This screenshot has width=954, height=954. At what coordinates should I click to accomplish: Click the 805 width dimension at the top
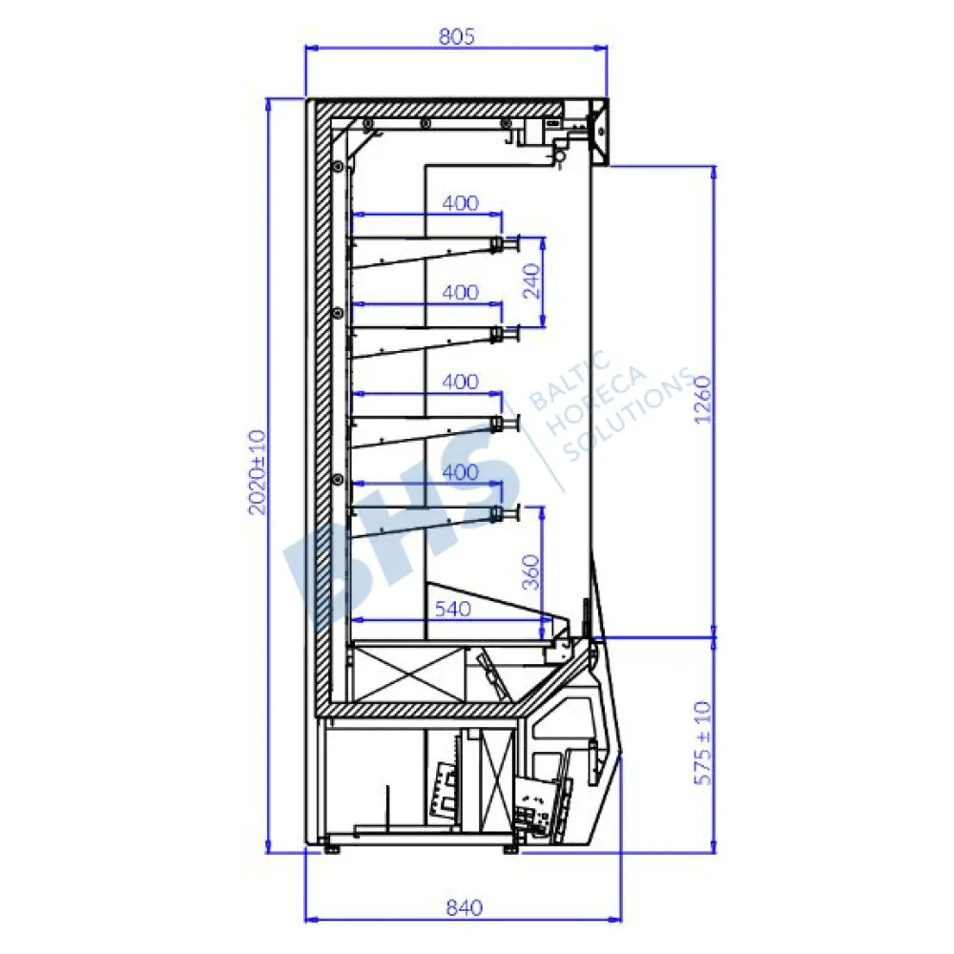click(456, 36)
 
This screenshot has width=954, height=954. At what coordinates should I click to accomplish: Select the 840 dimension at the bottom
click(465, 908)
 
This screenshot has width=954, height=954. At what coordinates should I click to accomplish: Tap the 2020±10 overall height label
click(258, 472)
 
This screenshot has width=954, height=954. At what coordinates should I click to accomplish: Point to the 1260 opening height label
click(702, 400)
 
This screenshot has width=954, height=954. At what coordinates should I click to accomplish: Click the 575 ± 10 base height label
click(702, 743)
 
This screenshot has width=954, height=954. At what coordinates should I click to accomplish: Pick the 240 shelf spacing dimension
click(531, 281)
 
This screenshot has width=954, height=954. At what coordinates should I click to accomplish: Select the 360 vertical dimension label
click(531, 571)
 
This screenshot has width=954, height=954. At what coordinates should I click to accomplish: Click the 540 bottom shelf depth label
click(452, 609)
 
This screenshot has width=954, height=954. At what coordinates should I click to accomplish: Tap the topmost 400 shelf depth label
click(460, 202)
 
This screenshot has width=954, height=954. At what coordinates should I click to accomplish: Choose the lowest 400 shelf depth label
click(460, 471)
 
